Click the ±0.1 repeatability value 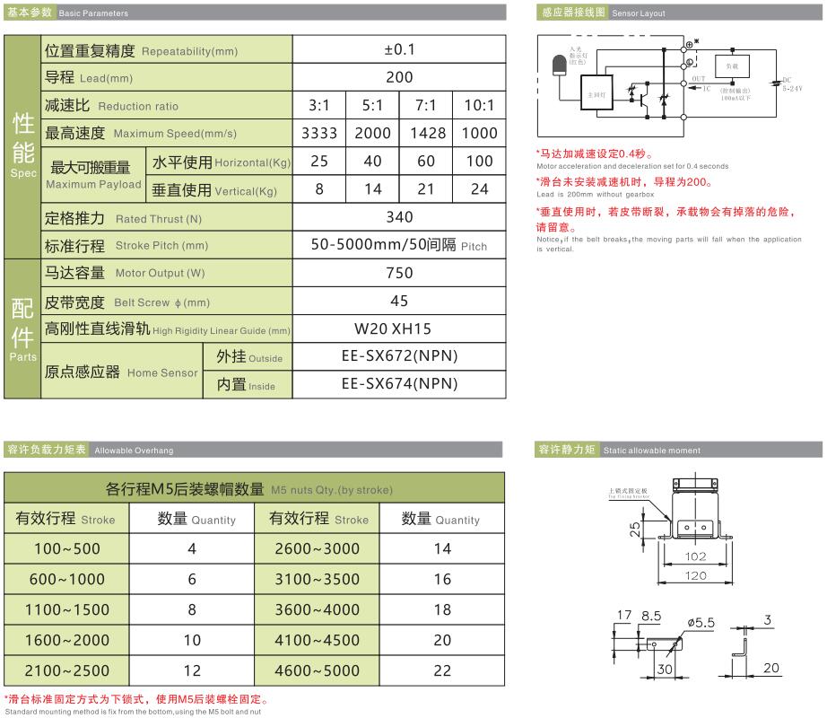(x=398, y=50)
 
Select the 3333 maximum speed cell (x=319, y=133)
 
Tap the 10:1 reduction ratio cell (x=479, y=105)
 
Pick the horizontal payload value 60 (x=425, y=162)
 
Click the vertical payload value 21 (x=425, y=189)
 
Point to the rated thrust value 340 (x=398, y=217)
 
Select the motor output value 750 (x=398, y=273)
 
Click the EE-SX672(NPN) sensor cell (x=399, y=355)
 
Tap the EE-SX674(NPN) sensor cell (x=399, y=383)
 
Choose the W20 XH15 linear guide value (x=398, y=328)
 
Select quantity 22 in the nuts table (x=442, y=670)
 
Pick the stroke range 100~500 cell (x=66, y=548)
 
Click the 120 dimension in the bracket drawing (x=695, y=575)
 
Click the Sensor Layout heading (x=640, y=14)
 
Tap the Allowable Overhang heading (x=134, y=451)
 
